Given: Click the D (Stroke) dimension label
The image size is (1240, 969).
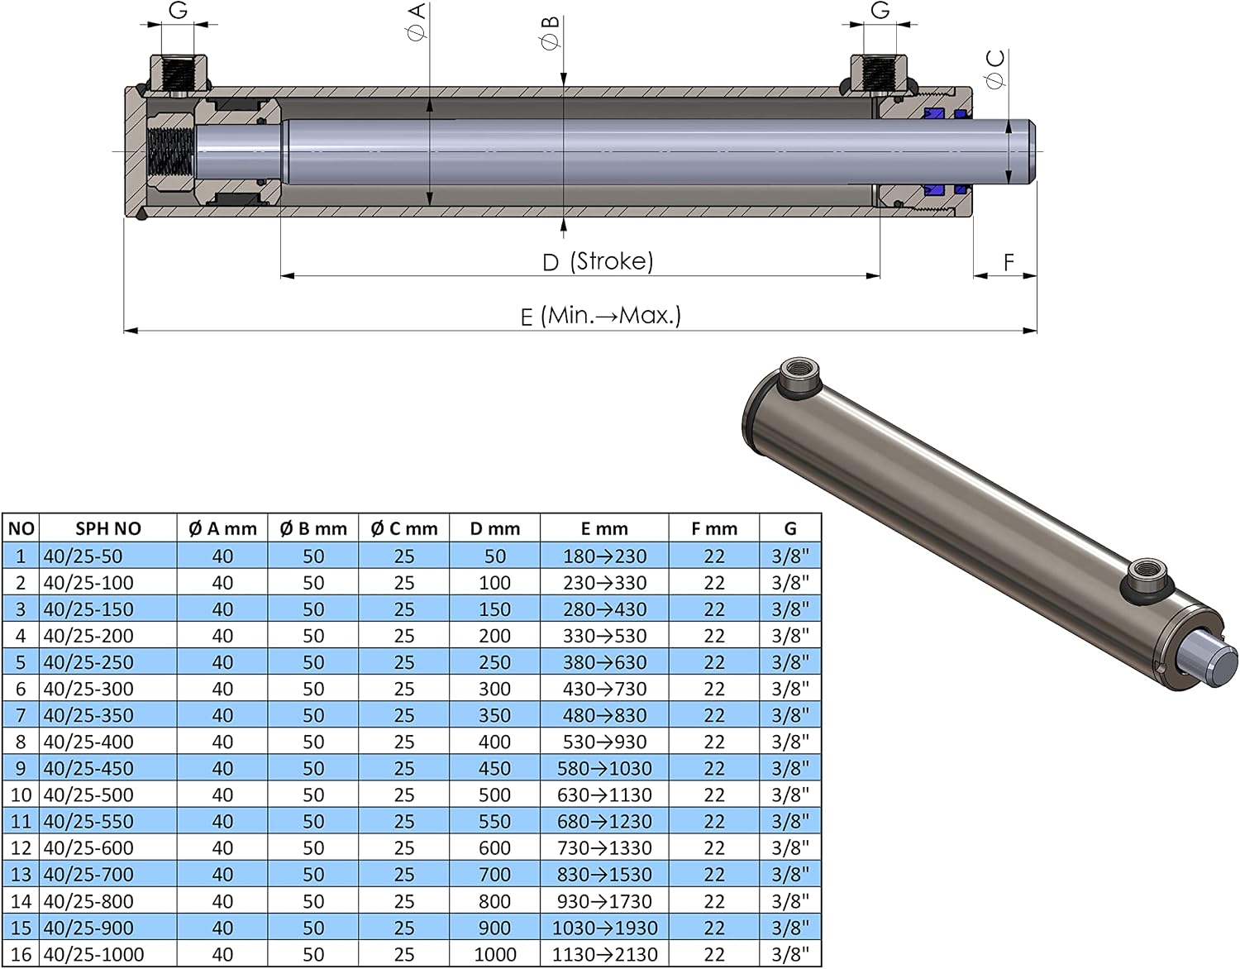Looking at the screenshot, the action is click(x=598, y=262).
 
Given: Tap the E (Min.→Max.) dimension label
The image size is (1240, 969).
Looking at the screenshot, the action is click(x=601, y=316).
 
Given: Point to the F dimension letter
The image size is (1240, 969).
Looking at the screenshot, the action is click(x=1009, y=263).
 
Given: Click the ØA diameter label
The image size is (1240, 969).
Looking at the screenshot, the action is click(x=417, y=22).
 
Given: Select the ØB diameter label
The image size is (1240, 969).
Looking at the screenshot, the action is click(x=551, y=33).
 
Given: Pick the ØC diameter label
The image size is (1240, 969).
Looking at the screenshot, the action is click(x=996, y=69).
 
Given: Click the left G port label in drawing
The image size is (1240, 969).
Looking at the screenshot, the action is click(x=179, y=10).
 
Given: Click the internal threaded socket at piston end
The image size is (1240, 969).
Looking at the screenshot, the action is click(x=170, y=152).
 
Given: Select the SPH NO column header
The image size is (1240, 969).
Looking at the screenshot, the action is click(x=107, y=528).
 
